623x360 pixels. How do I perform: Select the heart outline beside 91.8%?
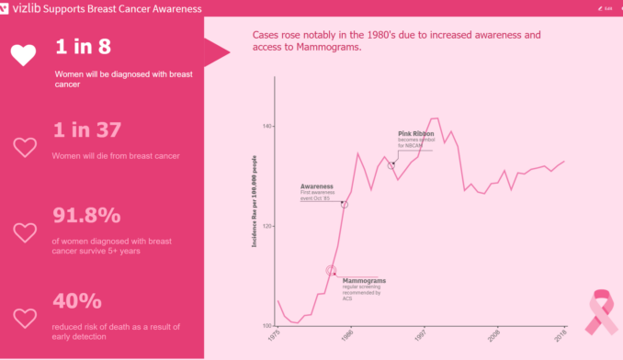click(x=26, y=233)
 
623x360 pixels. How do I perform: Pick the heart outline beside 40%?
click(x=26, y=319)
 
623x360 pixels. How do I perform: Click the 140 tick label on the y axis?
click(x=267, y=126)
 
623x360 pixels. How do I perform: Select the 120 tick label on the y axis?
click(x=267, y=226)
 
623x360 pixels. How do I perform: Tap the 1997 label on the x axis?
click(x=421, y=338)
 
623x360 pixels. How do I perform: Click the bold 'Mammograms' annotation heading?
click(x=364, y=280)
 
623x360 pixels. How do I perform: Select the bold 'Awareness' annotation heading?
click(x=316, y=186)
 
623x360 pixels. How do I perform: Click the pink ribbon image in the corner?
click(x=602, y=311)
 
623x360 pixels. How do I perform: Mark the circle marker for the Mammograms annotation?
click(x=332, y=270)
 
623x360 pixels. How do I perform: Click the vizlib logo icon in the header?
click(x=7, y=7)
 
